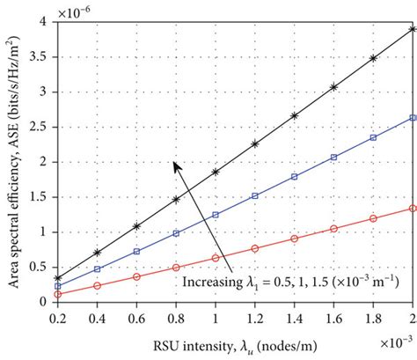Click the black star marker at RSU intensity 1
coord(215,172)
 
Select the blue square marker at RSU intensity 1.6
coord(333,158)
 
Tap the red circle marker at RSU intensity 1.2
coord(254,248)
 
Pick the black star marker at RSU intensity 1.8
coord(373,58)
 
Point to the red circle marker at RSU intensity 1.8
coord(373,218)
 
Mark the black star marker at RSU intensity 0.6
coord(136,226)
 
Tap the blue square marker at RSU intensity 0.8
coord(175,233)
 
